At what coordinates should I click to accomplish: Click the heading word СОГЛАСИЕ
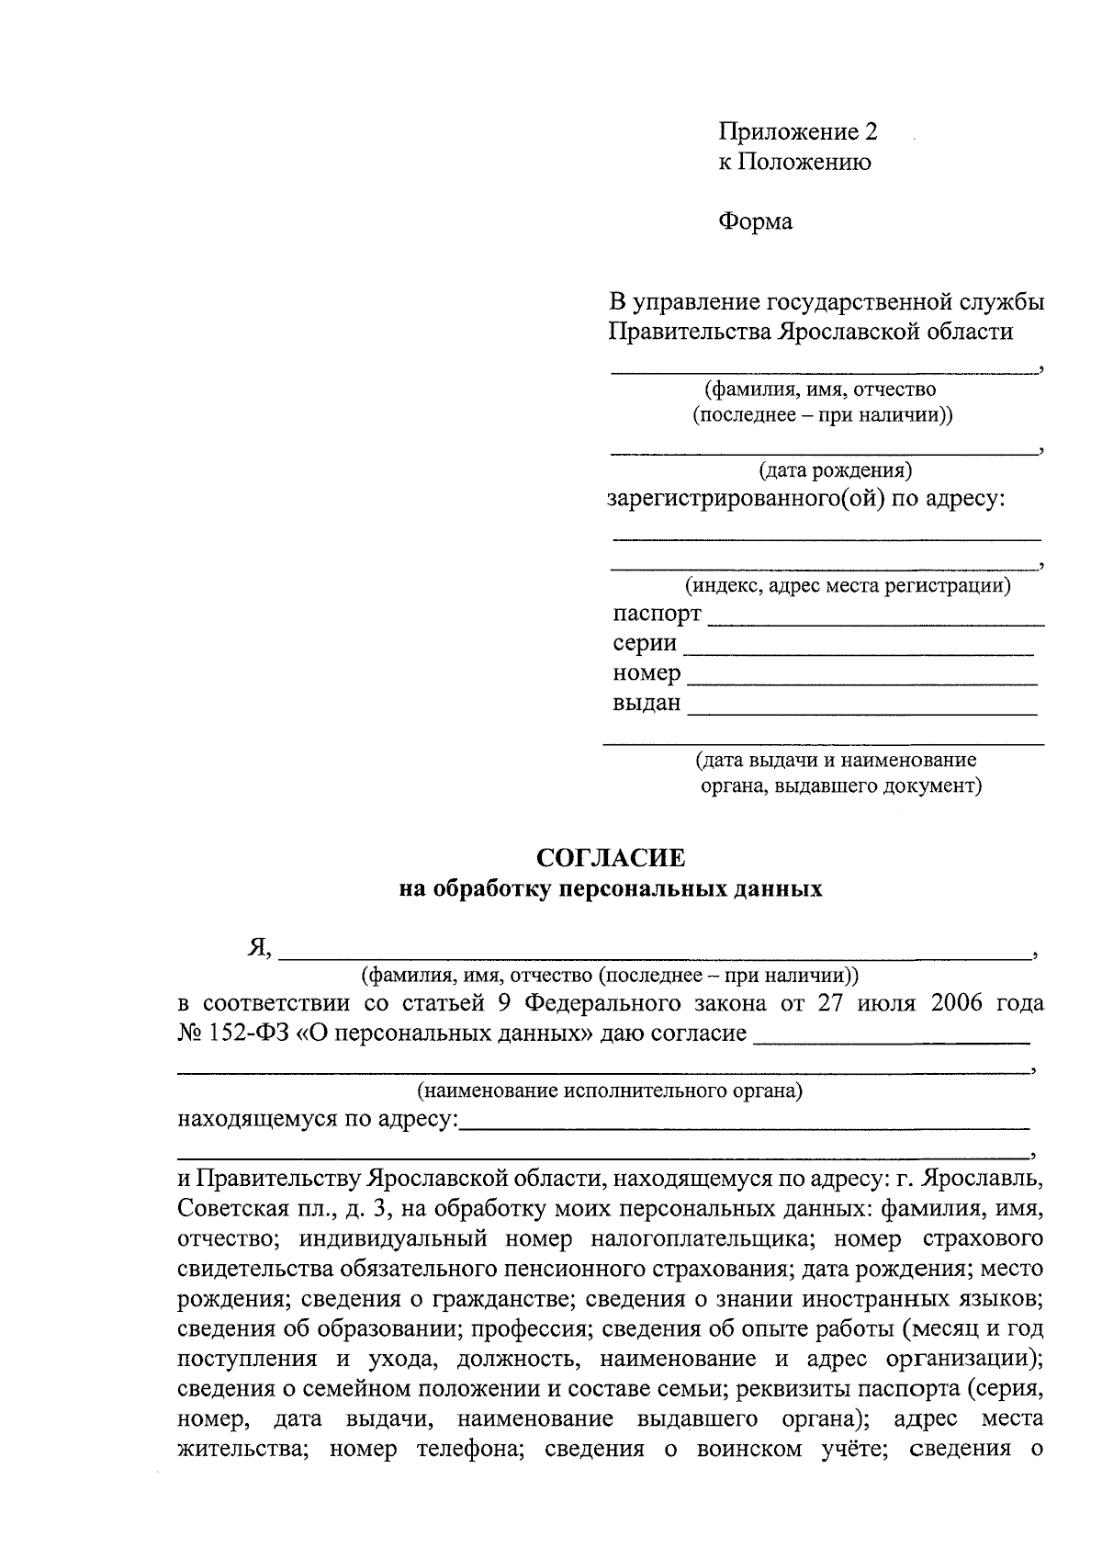pyautogui.click(x=611, y=858)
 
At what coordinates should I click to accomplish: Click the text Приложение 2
pyautogui.click(x=797, y=132)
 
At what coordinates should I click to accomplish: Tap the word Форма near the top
pyautogui.click(x=755, y=221)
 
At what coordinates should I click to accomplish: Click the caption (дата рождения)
pyautogui.click(x=835, y=471)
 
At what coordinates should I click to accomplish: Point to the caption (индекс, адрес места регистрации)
pyautogui.click(x=848, y=585)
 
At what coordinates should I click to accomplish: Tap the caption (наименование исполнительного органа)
pyautogui.click(x=610, y=1091)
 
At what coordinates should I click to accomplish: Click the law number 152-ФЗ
pyautogui.click(x=246, y=1033)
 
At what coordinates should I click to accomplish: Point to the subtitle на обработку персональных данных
pyautogui.click(x=610, y=889)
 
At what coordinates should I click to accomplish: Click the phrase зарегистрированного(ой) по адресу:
pyautogui.click(x=806, y=500)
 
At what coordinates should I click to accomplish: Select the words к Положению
pyautogui.click(x=794, y=163)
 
